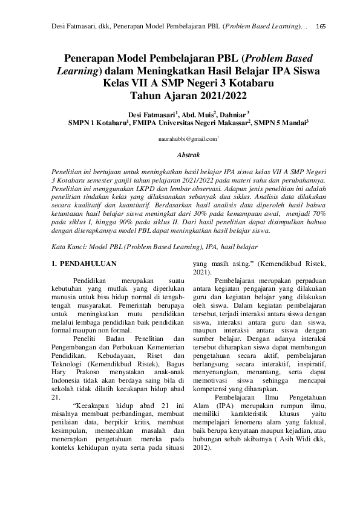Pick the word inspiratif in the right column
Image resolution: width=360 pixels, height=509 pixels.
pos(306,364)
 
